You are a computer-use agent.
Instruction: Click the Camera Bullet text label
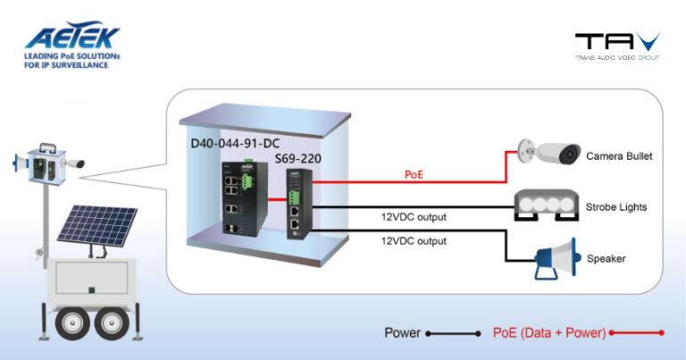tap(619, 156)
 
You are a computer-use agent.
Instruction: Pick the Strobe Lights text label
tap(616, 207)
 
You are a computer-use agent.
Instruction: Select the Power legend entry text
tap(402, 333)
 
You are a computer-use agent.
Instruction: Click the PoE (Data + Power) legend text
tap(549, 333)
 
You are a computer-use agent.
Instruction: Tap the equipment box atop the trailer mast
tap(46, 163)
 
